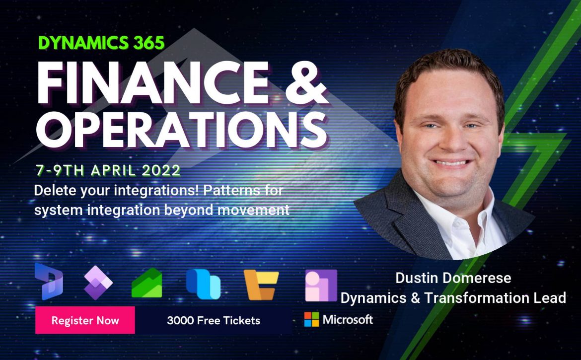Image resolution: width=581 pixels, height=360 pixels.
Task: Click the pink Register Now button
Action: click(x=85, y=320)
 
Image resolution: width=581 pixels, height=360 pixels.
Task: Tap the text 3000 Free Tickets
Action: click(x=214, y=320)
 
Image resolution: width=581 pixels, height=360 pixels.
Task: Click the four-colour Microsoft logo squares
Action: click(x=311, y=319)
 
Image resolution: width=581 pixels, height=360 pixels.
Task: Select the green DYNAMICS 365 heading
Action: click(x=101, y=43)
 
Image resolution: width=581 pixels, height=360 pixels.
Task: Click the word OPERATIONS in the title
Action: click(x=182, y=128)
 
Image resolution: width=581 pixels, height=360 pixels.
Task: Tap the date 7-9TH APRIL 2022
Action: click(x=108, y=170)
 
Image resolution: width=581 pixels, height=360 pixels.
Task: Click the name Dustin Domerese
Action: click(x=453, y=278)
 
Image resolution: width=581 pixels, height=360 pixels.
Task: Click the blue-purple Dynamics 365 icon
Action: click(x=49, y=282)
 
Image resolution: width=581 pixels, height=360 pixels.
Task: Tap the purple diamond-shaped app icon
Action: click(x=98, y=283)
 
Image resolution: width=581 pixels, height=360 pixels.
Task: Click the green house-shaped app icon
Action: click(x=146, y=283)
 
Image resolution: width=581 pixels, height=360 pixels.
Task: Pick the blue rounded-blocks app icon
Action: click(x=204, y=284)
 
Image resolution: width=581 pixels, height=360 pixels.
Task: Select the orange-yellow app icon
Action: click(x=261, y=285)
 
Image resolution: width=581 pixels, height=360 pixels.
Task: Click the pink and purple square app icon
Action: click(x=321, y=285)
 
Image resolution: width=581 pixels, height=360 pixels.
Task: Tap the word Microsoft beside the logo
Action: click(x=348, y=319)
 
